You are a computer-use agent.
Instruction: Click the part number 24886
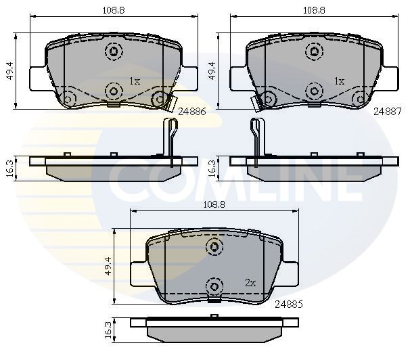pos(192,112)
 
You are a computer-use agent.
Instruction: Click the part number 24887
pos(388,112)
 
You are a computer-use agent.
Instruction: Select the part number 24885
pos(289,305)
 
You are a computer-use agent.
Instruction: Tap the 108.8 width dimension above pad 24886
pos(114,10)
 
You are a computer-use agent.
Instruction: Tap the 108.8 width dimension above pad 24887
pos(314,10)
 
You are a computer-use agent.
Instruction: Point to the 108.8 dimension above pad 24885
pos(214,204)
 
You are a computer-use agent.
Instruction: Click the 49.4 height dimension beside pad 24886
pos(11,70)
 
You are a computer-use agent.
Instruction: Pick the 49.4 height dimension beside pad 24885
pos(108,266)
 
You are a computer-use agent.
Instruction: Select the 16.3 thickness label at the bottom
pos(108,330)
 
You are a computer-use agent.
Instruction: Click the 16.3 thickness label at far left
pos(11,168)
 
